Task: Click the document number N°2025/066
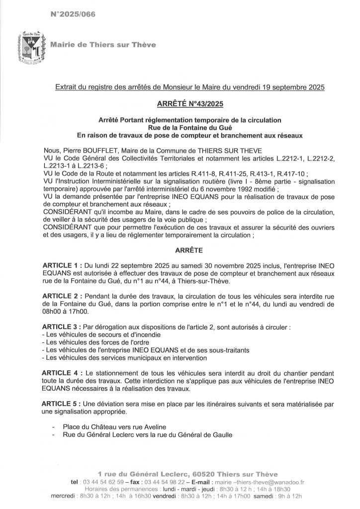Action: [73, 15]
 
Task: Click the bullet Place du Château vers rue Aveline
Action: [111, 426]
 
